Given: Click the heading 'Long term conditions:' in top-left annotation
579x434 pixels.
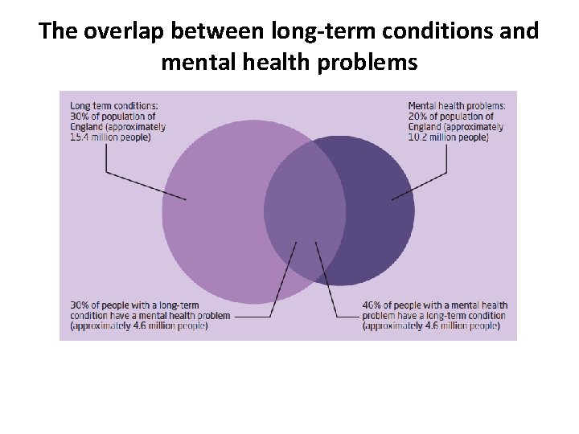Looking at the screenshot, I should (114, 105).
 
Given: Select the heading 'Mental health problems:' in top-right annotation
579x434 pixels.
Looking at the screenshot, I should (457, 105).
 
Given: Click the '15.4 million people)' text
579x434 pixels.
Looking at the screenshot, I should (110, 137).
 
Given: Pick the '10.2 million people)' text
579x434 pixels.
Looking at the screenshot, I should (448, 137).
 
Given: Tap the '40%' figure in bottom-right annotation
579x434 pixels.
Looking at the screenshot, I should (372, 305).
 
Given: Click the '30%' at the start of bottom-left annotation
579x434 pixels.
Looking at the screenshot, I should (80, 305).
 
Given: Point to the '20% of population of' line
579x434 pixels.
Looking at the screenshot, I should (450, 116).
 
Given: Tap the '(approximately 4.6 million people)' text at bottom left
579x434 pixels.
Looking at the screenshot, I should (138, 326).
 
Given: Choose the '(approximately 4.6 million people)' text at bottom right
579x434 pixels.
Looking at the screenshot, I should (430, 326).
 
